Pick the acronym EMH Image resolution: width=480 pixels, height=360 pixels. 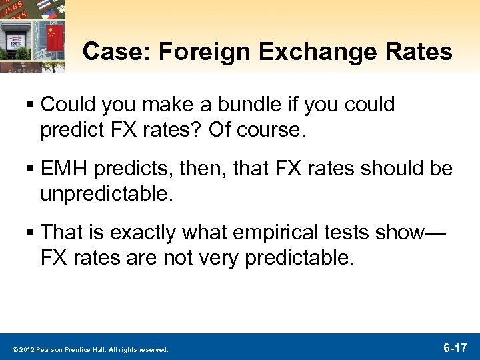pos(69,169)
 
